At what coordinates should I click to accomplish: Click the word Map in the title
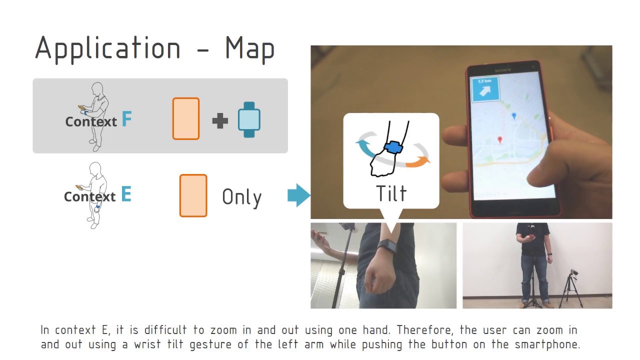point(249,48)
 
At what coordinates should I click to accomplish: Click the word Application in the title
point(107,49)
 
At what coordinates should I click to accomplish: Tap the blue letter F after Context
point(126,119)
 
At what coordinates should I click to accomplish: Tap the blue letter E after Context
point(126,194)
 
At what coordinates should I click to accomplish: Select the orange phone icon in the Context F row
point(186,118)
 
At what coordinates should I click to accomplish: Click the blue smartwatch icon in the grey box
point(249,119)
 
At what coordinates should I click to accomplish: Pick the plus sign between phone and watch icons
point(220,120)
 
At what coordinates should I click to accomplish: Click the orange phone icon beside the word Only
point(193,195)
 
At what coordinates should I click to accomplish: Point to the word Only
point(241,197)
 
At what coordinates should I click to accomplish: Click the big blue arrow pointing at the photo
point(298,195)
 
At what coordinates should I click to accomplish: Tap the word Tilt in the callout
point(391,193)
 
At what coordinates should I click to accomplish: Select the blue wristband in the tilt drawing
point(394,147)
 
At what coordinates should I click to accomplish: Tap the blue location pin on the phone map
point(514,116)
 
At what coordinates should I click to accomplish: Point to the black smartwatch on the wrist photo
point(387,245)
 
